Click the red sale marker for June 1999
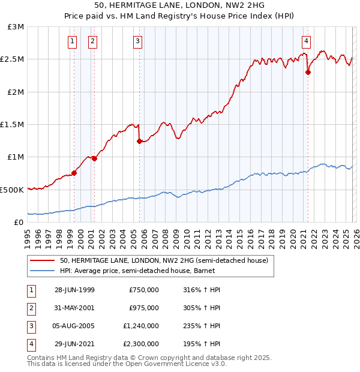(x=74, y=173)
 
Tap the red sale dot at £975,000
(x=95, y=158)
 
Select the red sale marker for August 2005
(x=139, y=142)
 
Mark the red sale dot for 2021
(x=308, y=72)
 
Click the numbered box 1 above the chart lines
(x=72, y=41)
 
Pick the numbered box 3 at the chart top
(x=137, y=41)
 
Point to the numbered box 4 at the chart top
(x=306, y=41)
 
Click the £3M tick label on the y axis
(x=16, y=27)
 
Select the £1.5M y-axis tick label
(x=13, y=125)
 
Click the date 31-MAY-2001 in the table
(x=74, y=308)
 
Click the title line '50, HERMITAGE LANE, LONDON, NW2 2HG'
(x=179, y=5)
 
